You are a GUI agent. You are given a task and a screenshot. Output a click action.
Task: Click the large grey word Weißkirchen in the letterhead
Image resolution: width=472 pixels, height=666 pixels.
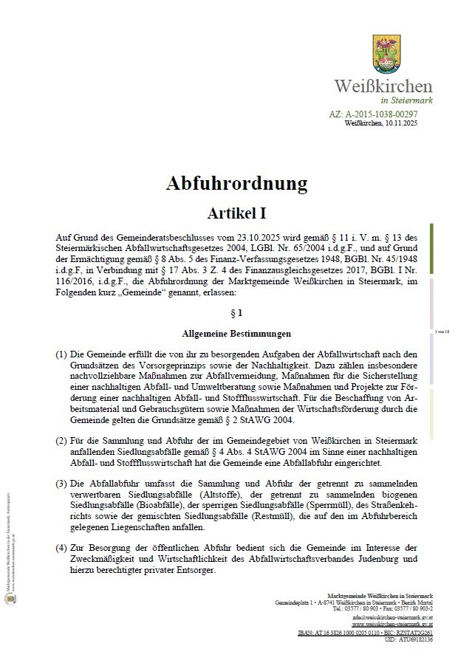click(x=383, y=86)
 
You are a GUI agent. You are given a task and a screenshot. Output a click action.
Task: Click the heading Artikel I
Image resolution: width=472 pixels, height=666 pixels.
click(x=236, y=213)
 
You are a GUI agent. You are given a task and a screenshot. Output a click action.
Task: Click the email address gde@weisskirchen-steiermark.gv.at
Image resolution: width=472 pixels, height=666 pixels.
click(x=394, y=617)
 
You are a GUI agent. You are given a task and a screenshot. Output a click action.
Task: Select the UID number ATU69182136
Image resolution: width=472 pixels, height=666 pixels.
click(x=415, y=639)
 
